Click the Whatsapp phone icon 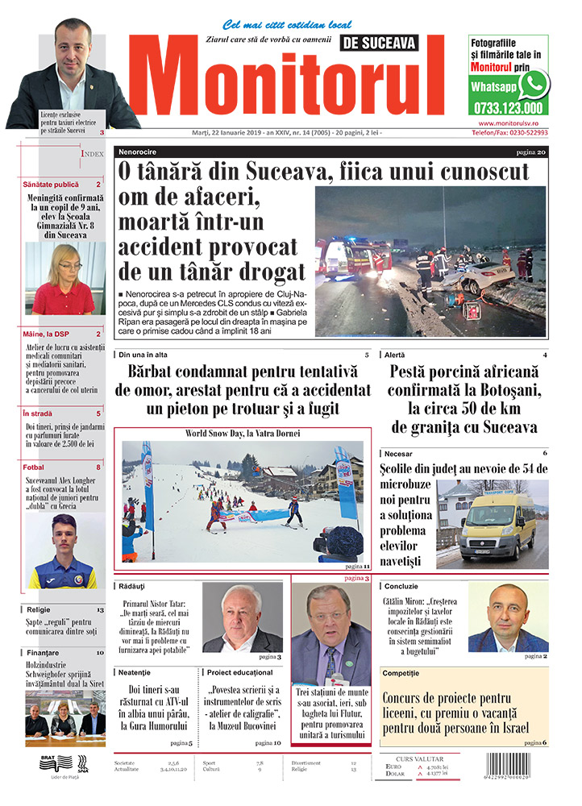pos(533,84)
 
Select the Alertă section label pos(396,355)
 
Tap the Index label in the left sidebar pos(92,153)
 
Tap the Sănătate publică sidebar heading pos(52,184)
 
